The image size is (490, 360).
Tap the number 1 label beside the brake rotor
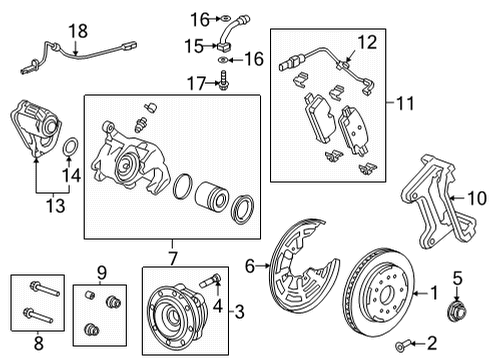pyautogui.click(x=435, y=293)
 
